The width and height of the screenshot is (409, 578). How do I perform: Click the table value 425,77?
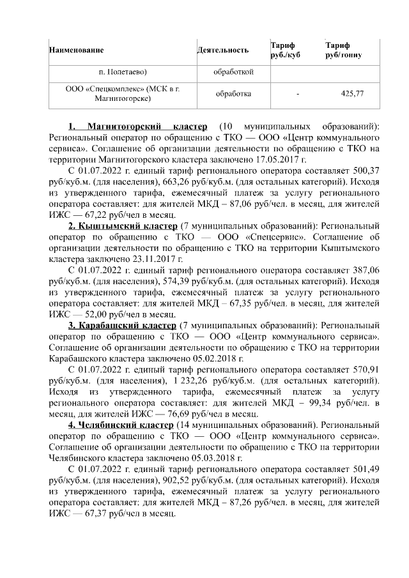[353, 94]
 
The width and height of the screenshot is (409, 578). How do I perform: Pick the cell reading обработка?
[233, 94]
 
